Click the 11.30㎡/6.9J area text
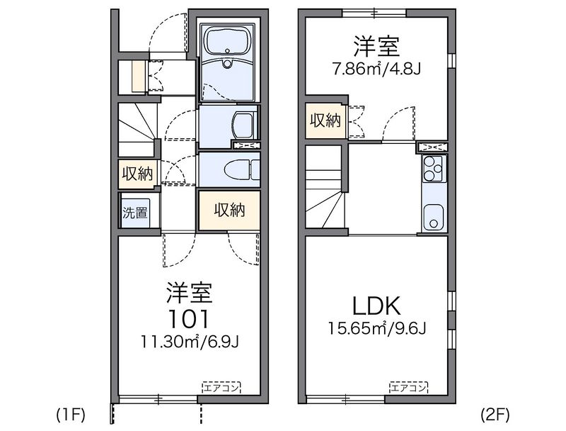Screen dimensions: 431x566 [190, 343]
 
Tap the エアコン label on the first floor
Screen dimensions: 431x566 [221, 388]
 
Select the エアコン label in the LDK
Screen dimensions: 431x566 [408, 388]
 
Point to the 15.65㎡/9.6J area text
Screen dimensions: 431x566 [377, 330]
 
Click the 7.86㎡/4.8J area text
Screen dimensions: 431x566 [377, 70]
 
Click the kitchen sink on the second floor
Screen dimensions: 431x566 [432, 216]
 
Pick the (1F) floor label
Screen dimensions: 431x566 [71, 413]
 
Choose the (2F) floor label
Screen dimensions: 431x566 [495, 413]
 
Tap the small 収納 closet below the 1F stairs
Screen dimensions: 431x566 [137, 173]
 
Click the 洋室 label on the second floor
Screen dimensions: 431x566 [377, 47]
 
